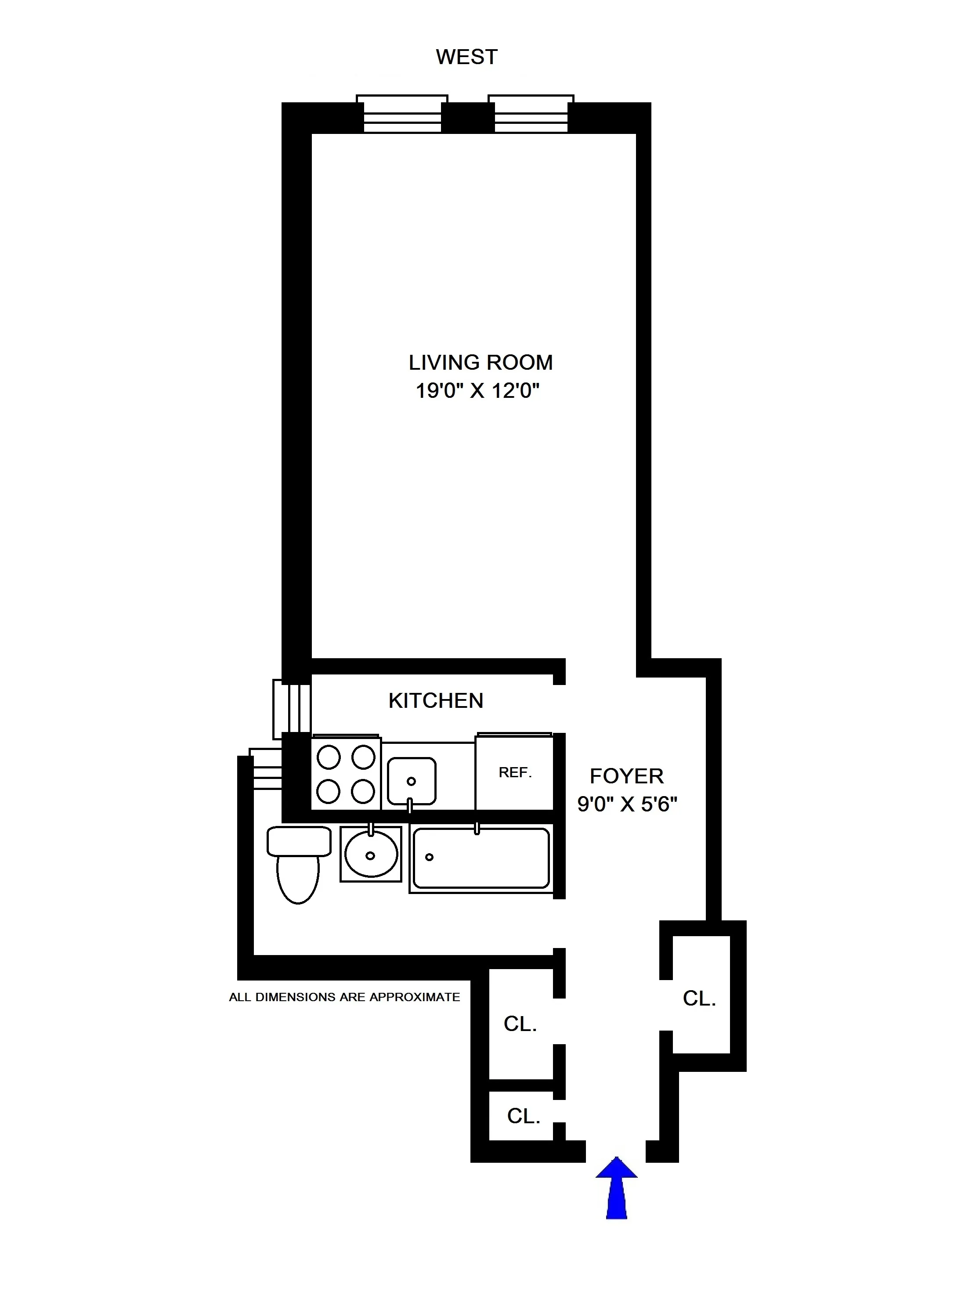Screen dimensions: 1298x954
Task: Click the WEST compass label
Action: [x=466, y=57]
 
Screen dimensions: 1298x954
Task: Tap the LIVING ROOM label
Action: [x=481, y=363]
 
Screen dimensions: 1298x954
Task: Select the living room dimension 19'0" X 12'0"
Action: [x=477, y=391]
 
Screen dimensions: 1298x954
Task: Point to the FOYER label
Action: [x=627, y=776]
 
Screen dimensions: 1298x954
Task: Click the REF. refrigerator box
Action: [x=514, y=772]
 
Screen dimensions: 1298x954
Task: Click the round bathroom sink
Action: [x=371, y=855]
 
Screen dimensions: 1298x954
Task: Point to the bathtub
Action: [x=481, y=858]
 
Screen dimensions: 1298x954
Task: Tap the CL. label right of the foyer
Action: [x=699, y=999]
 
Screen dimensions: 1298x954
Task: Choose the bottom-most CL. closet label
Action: [x=523, y=1116]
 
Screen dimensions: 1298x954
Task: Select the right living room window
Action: [x=531, y=114]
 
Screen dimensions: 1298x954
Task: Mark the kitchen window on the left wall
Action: [x=292, y=709]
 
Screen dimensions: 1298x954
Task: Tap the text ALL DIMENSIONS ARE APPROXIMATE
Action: [x=344, y=997]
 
